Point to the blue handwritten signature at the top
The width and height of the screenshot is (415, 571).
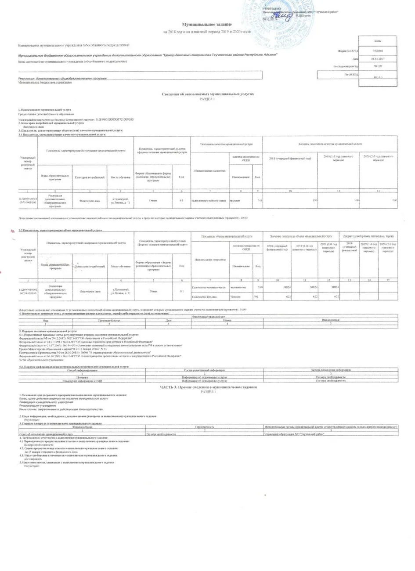[282, 16]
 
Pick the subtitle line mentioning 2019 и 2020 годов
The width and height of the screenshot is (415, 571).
[207, 33]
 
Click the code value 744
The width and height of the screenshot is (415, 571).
[260, 200]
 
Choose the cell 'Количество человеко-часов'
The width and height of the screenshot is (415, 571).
[209, 287]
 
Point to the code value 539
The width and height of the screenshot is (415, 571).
[259, 287]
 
